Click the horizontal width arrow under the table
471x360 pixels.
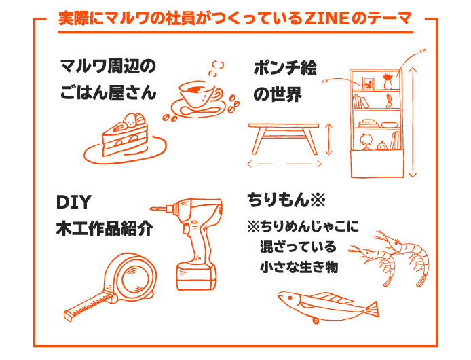[x=284, y=165]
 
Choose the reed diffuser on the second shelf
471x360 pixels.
[x=389, y=102]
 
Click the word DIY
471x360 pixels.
[x=73, y=202]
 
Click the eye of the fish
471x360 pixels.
[x=290, y=298]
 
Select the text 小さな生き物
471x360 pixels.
[x=299, y=267]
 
